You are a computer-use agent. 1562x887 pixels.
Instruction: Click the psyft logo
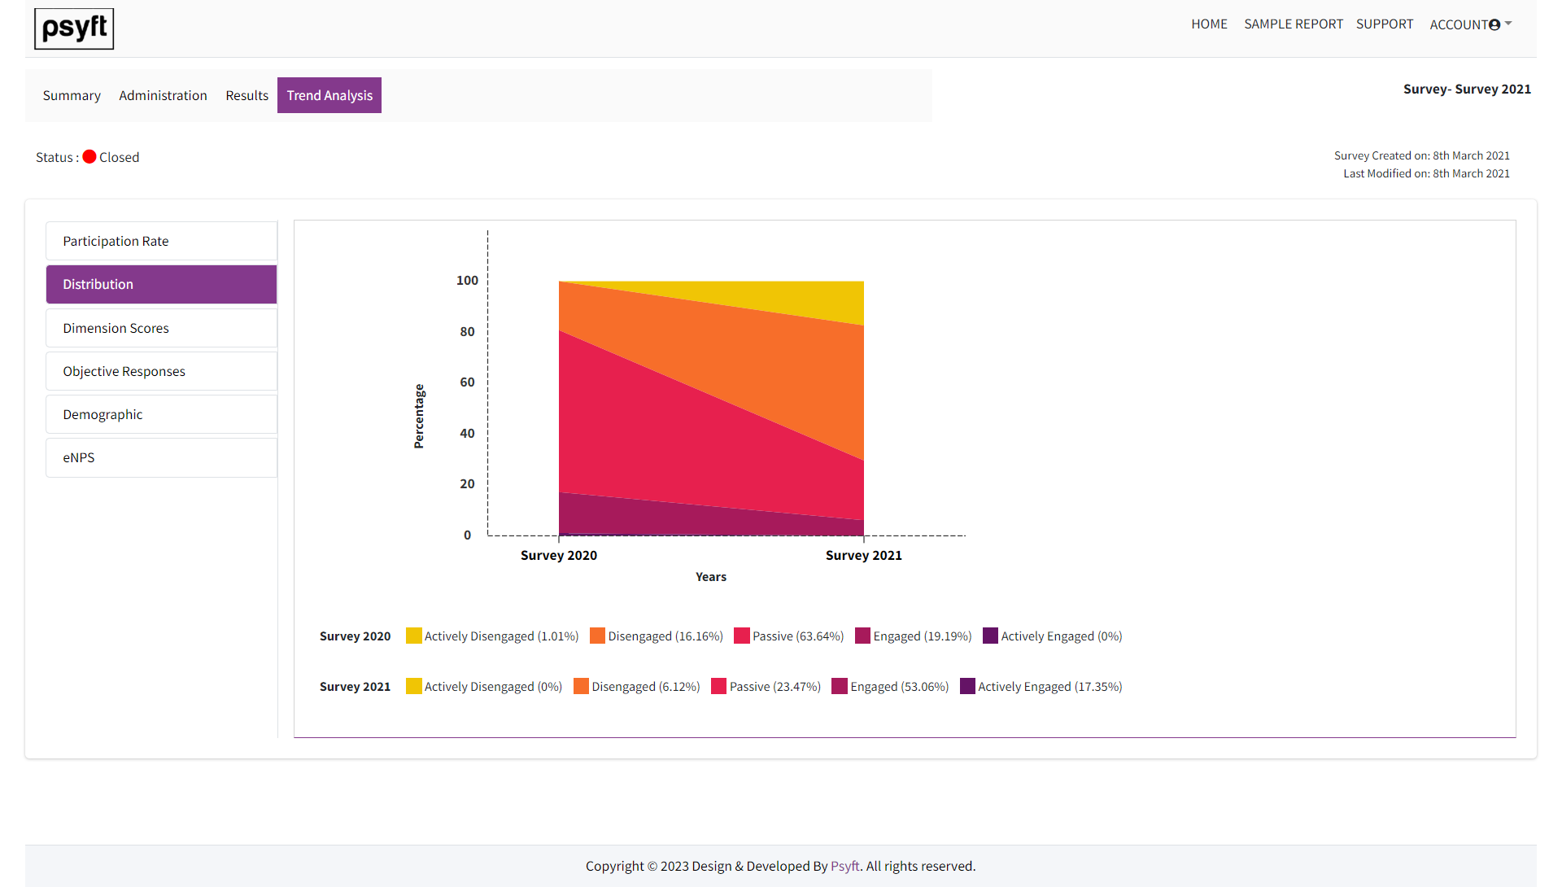74,29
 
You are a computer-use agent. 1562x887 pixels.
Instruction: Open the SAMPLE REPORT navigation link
1293,24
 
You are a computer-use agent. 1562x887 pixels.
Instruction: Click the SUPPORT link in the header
1384,24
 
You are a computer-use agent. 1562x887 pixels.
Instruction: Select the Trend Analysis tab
329,96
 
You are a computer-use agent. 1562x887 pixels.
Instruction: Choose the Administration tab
163,96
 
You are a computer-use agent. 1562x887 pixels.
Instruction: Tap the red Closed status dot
89,157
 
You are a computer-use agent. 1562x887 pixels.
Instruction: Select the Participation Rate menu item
161,242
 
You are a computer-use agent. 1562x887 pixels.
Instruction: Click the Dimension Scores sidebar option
161,329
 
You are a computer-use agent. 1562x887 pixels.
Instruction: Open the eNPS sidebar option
161,458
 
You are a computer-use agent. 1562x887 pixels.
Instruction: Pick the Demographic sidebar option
161,415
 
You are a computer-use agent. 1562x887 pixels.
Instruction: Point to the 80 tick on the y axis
467,332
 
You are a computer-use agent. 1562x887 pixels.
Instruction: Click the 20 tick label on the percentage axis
467,484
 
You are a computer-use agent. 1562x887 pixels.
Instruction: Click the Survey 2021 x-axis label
863,556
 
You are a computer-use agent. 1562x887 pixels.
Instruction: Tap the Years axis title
710,577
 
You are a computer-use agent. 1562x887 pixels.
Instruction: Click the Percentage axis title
419,417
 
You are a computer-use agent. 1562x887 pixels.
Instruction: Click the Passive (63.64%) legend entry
788,636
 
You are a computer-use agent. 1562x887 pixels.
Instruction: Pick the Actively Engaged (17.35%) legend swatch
967,687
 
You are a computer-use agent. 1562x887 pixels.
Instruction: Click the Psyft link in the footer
844,867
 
